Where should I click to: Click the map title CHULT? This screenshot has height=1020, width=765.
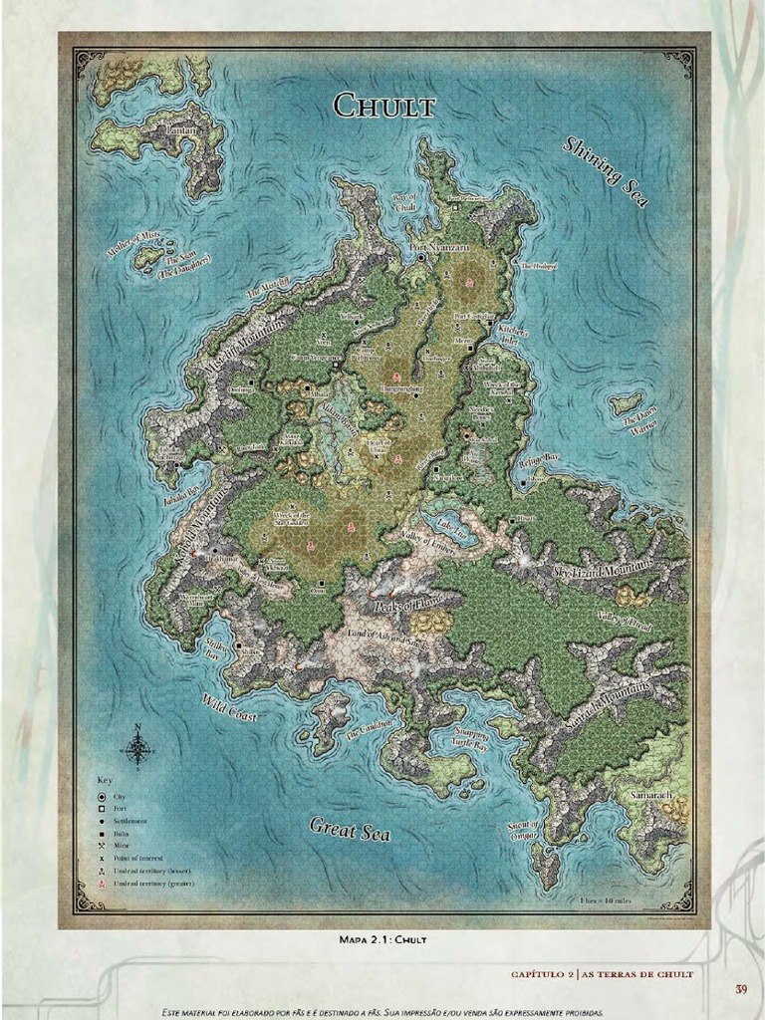click(x=384, y=105)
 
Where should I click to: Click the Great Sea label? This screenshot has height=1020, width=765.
click(x=350, y=828)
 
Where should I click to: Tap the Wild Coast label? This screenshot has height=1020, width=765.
click(x=230, y=708)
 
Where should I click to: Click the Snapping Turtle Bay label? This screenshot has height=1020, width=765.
click(x=470, y=738)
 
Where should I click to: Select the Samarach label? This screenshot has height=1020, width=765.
click(x=653, y=797)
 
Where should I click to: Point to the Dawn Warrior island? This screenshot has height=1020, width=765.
click(x=627, y=403)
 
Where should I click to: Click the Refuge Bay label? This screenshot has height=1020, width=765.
click(x=539, y=458)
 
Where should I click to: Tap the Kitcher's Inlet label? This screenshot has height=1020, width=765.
click(x=513, y=332)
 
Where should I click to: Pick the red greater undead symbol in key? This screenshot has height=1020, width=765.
click(x=102, y=883)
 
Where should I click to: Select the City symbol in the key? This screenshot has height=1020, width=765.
click(x=102, y=796)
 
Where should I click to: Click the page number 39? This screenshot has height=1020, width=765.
click(x=741, y=989)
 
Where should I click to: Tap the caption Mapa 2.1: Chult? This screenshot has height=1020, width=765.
click(x=382, y=938)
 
